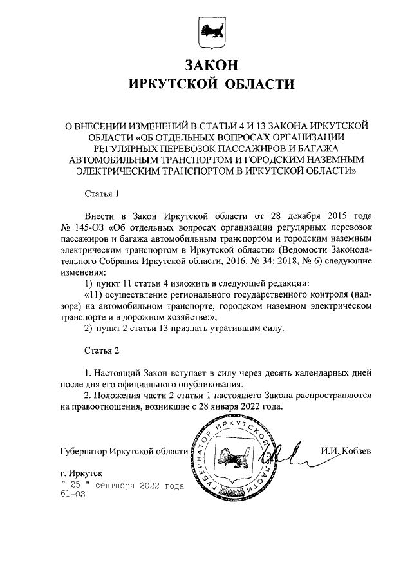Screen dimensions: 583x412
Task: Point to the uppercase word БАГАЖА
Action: (x=326, y=148)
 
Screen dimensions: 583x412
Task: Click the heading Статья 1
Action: (x=102, y=194)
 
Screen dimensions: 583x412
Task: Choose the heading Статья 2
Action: (x=102, y=351)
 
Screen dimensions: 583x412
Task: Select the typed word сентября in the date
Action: (x=114, y=485)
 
